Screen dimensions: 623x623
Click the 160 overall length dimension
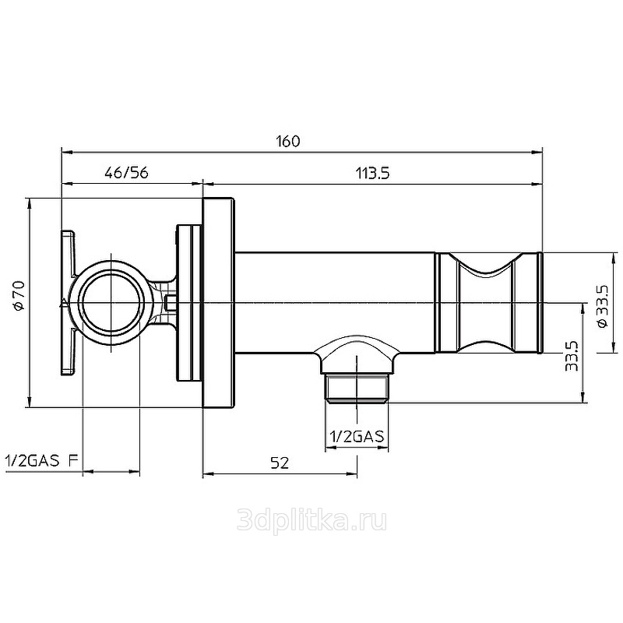click(x=288, y=142)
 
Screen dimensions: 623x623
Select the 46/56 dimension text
click(x=126, y=173)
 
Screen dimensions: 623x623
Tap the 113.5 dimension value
click(x=372, y=173)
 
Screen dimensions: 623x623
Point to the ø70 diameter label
click(x=19, y=295)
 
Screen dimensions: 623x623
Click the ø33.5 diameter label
click(x=602, y=306)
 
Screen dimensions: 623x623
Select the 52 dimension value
click(x=280, y=463)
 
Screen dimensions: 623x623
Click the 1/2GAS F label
click(x=41, y=461)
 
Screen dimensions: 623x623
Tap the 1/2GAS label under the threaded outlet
click(x=357, y=437)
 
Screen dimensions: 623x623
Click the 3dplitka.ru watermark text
click(x=311, y=520)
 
